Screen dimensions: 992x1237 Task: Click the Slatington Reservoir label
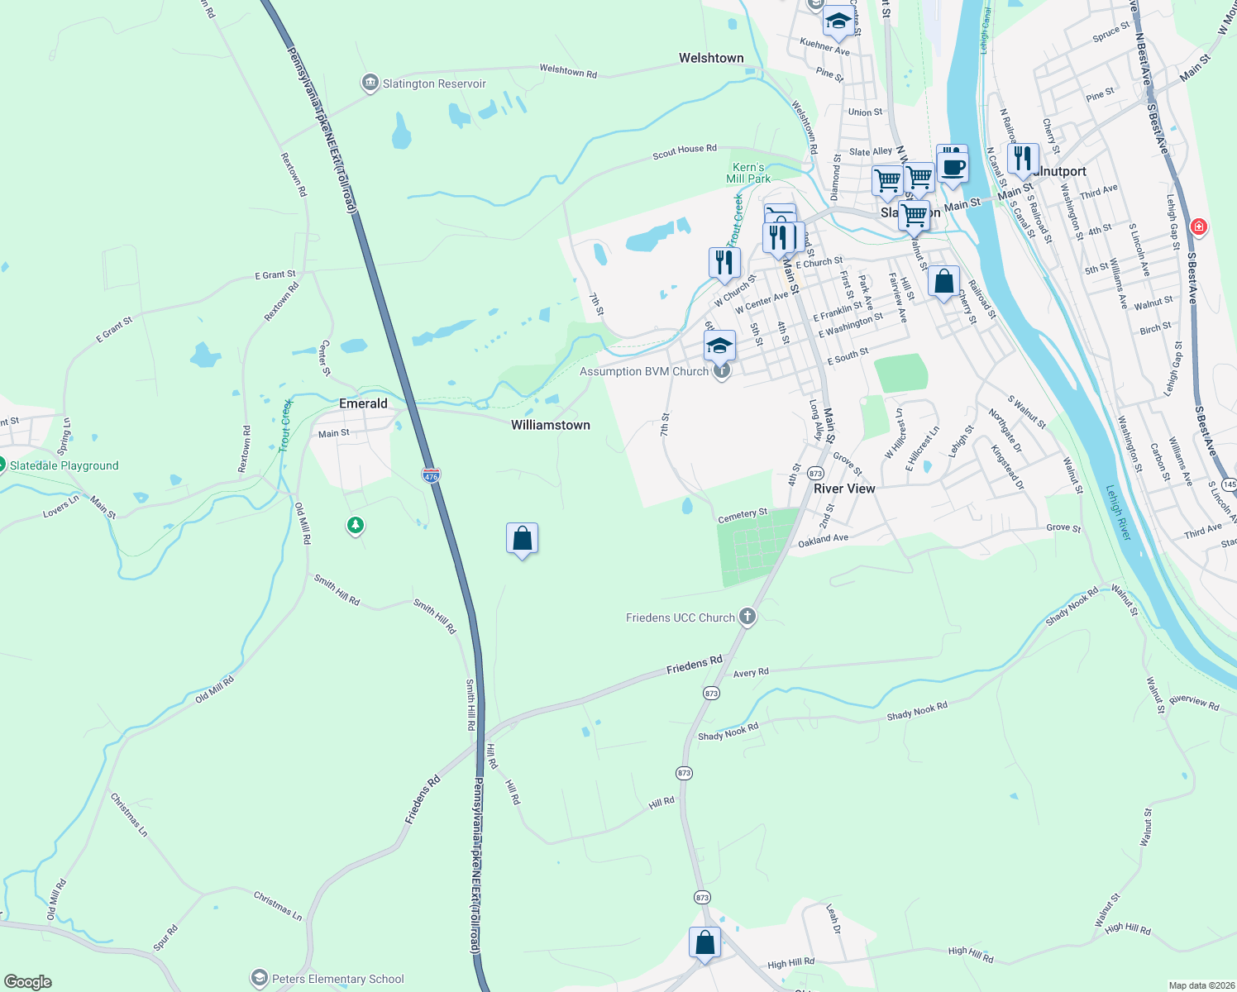click(434, 83)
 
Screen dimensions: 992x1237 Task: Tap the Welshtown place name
click(711, 58)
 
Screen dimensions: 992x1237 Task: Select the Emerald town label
click(363, 403)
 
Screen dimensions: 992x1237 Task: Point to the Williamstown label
click(551, 425)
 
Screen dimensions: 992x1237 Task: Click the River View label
click(844, 489)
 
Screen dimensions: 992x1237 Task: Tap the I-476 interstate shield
click(431, 475)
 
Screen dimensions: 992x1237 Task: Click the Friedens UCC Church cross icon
click(747, 617)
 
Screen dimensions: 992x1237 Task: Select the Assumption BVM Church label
click(644, 371)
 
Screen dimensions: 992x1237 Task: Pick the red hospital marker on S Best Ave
click(1198, 227)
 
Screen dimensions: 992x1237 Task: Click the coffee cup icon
click(953, 166)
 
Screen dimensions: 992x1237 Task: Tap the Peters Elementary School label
click(338, 979)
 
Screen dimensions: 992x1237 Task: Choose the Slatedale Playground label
click(64, 465)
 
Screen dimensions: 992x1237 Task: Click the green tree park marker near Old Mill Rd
click(356, 525)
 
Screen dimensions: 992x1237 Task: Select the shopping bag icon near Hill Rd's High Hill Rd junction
click(704, 942)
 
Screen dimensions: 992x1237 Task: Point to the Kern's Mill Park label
click(748, 173)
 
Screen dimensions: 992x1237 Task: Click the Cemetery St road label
click(743, 516)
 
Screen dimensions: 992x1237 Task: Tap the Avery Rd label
click(751, 673)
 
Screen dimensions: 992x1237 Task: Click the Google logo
click(28, 982)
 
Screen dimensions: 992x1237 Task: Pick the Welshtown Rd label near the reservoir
click(568, 71)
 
